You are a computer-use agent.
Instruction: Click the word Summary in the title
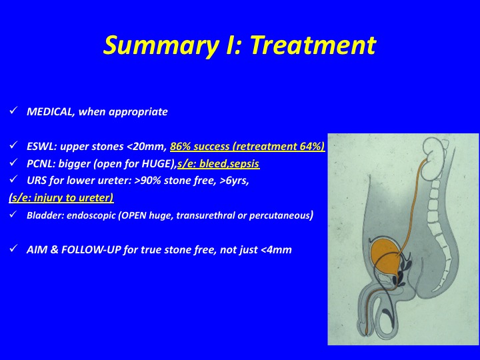pos(159,46)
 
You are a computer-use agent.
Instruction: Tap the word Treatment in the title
pos(313,45)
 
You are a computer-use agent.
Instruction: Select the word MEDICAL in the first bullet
pos(49,112)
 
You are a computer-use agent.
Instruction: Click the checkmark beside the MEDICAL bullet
pos(13,110)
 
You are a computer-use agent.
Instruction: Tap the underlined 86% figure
pos(180,146)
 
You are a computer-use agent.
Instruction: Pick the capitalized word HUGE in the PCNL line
pos(156,164)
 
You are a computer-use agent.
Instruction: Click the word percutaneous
pos(279,215)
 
